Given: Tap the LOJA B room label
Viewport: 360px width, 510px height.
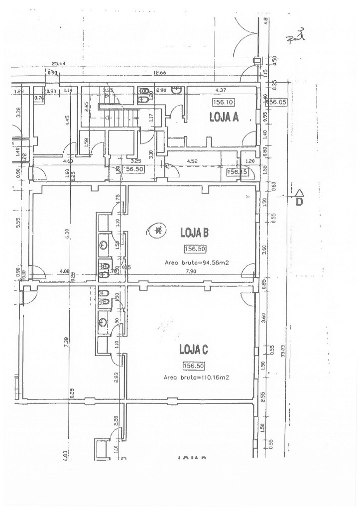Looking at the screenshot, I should [x=194, y=232].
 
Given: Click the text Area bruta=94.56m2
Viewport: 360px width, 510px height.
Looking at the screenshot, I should [x=196, y=262].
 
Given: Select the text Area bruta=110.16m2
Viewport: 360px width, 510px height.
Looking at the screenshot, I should [x=196, y=378].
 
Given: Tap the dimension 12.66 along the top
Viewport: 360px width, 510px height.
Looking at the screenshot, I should [x=160, y=73].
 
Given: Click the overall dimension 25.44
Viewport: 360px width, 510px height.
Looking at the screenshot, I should [x=59, y=64].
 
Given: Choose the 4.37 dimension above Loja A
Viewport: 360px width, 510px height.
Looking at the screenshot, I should [x=222, y=90].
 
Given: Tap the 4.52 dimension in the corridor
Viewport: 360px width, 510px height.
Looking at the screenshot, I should [x=193, y=161].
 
